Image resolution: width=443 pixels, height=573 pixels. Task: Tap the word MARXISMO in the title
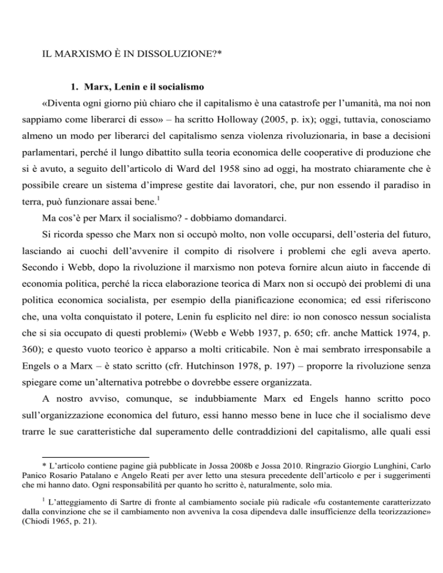pos(78,58)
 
